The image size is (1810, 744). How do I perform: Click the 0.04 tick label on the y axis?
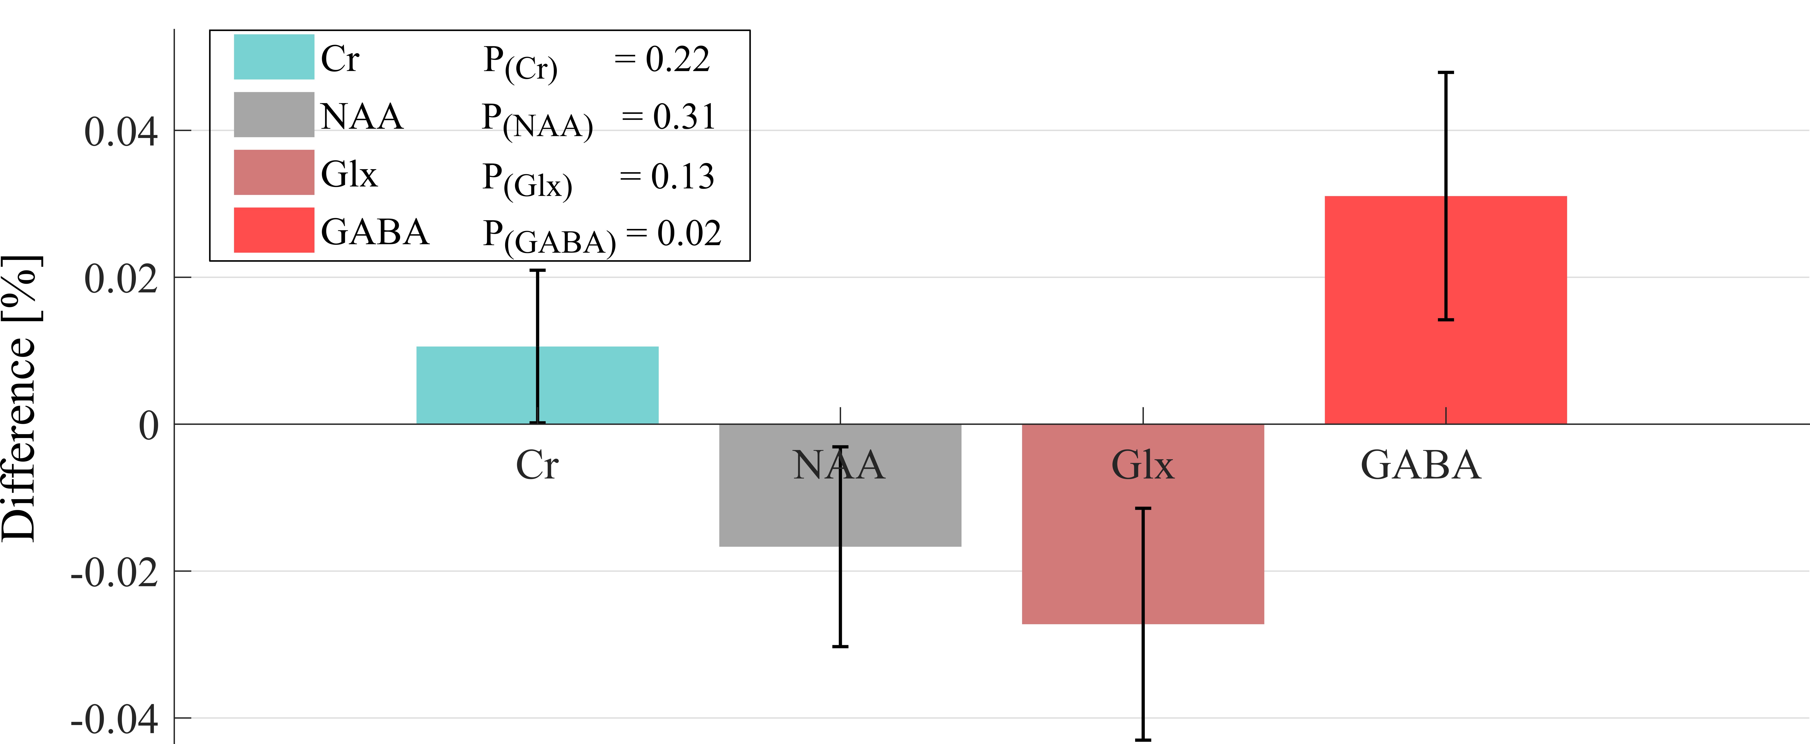(x=121, y=132)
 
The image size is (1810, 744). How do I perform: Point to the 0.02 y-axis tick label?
(x=121, y=279)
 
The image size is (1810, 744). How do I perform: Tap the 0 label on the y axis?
(x=148, y=426)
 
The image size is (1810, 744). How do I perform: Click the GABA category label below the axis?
(x=1421, y=465)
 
